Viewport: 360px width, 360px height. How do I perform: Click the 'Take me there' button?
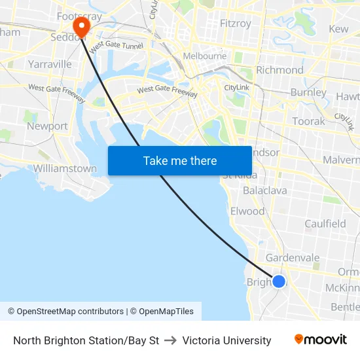[x=180, y=160]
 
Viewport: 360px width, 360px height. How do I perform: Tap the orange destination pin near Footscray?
[x=81, y=27]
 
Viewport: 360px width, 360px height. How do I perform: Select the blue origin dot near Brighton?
[x=278, y=281]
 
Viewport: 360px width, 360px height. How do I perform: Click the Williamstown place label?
[x=65, y=168]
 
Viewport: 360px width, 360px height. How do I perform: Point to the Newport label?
[x=47, y=126]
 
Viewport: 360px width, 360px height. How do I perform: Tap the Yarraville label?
[x=50, y=64]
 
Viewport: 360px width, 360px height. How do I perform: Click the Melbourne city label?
[x=205, y=56]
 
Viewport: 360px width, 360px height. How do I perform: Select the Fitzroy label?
[x=236, y=24]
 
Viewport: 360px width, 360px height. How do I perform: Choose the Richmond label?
[x=279, y=70]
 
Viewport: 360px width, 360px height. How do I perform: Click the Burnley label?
[x=308, y=93]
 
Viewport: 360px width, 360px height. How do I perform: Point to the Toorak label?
[x=308, y=121]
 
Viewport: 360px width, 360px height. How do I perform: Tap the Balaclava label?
[x=264, y=190]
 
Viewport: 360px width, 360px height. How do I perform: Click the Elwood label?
[x=247, y=211]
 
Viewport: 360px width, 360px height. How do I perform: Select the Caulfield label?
[x=325, y=224]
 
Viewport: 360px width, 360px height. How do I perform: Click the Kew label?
[x=338, y=29]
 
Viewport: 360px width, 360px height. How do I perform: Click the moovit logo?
[x=321, y=340]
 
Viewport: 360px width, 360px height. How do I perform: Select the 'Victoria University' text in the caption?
[x=226, y=340]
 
